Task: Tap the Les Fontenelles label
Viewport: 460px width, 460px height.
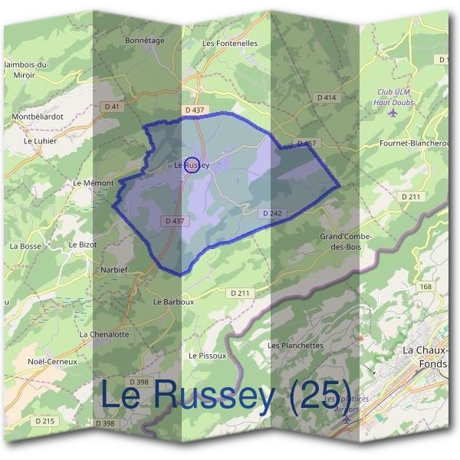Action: click(230, 44)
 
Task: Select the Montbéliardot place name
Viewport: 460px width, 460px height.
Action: click(37, 117)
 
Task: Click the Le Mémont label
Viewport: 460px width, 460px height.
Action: click(93, 183)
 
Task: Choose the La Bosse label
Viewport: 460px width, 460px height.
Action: click(25, 246)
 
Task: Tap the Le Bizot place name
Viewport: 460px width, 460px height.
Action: click(83, 245)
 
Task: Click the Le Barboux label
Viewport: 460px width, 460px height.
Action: click(173, 302)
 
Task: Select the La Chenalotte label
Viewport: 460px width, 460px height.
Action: click(104, 334)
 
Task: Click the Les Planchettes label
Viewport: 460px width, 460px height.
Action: click(295, 346)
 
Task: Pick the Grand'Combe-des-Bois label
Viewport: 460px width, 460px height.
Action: click(346, 242)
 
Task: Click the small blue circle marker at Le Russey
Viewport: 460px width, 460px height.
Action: click(193, 164)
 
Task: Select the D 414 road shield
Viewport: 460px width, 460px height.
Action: click(327, 97)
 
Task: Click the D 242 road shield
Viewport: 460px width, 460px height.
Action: click(272, 212)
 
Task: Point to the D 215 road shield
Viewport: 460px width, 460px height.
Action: click(45, 421)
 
